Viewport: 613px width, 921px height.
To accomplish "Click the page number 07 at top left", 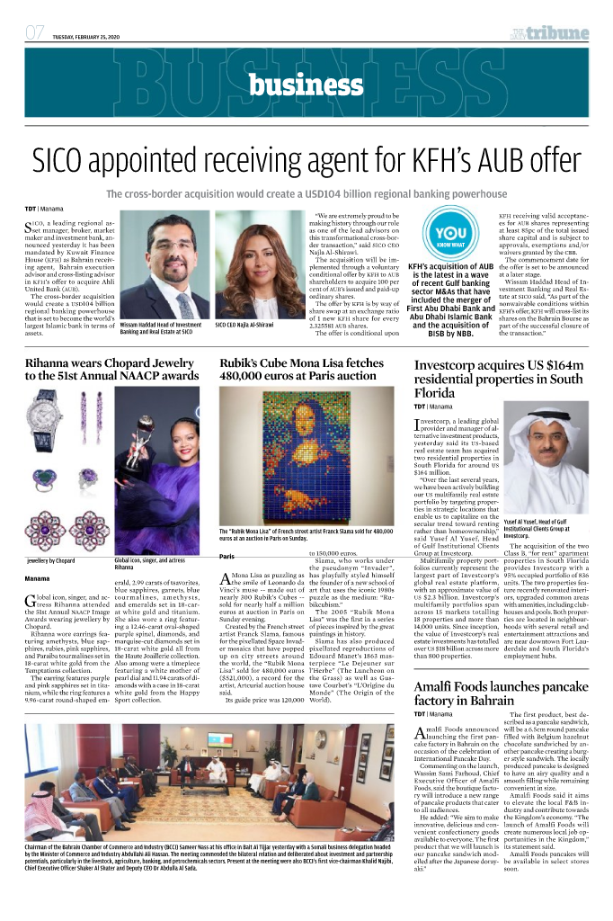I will pyautogui.click(x=35, y=33).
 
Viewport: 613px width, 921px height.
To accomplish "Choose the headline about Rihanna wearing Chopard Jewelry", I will pyautogui.click(x=112, y=367).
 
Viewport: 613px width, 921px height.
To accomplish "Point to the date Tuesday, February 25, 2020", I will pyautogui.click(x=88, y=36).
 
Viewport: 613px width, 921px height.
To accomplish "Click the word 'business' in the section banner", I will pyautogui.click(x=306, y=85).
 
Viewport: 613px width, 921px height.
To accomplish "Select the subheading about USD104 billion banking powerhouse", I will pyautogui.click(x=306, y=193).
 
